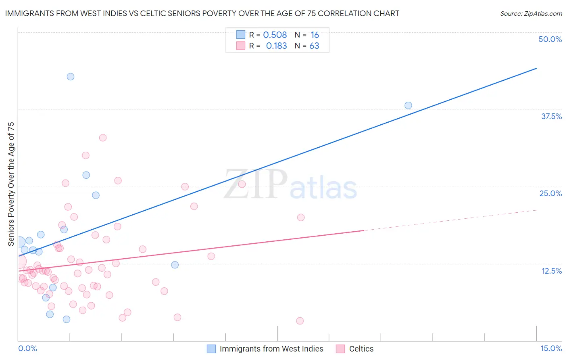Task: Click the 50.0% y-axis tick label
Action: point(550,39)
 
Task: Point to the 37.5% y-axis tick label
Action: point(551,116)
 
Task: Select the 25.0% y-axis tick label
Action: point(550,193)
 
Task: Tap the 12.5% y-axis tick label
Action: point(551,271)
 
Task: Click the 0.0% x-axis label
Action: point(27,348)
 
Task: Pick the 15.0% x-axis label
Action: point(551,348)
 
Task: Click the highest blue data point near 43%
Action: point(71,77)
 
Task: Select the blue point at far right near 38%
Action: point(408,105)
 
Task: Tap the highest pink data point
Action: point(103,138)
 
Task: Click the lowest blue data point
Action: point(67,319)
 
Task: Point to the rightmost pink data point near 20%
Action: point(301,217)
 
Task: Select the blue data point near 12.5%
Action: point(175,265)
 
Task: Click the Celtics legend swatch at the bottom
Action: point(340,349)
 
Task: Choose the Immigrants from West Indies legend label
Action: point(271,349)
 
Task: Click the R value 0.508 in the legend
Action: point(275,35)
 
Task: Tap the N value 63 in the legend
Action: point(314,46)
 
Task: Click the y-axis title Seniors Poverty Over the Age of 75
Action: point(11,184)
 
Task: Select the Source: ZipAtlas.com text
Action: point(531,14)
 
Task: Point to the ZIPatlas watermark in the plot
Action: point(290,185)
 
